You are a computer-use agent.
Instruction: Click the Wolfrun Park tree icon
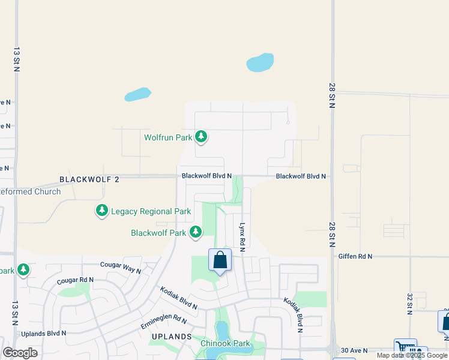tap(201, 137)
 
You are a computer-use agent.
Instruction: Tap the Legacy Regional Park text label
tap(150, 211)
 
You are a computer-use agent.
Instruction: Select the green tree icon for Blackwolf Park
tap(195, 232)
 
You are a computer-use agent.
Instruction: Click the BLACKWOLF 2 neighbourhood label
tap(89, 179)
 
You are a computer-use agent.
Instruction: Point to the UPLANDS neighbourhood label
tap(171, 337)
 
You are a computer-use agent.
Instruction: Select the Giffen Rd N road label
tap(355, 256)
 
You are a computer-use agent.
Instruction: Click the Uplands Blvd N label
tap(43, 333)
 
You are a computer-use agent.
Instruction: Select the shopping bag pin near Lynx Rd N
tap(220, 260)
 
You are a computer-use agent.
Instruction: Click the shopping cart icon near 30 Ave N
tap(405, 348)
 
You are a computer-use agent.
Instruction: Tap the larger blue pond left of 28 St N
tap(260, 62)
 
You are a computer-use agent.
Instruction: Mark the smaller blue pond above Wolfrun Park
tap(137, 94)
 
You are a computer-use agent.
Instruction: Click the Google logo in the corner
tap(20, 353)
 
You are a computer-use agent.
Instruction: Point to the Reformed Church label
tap(30, 192)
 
